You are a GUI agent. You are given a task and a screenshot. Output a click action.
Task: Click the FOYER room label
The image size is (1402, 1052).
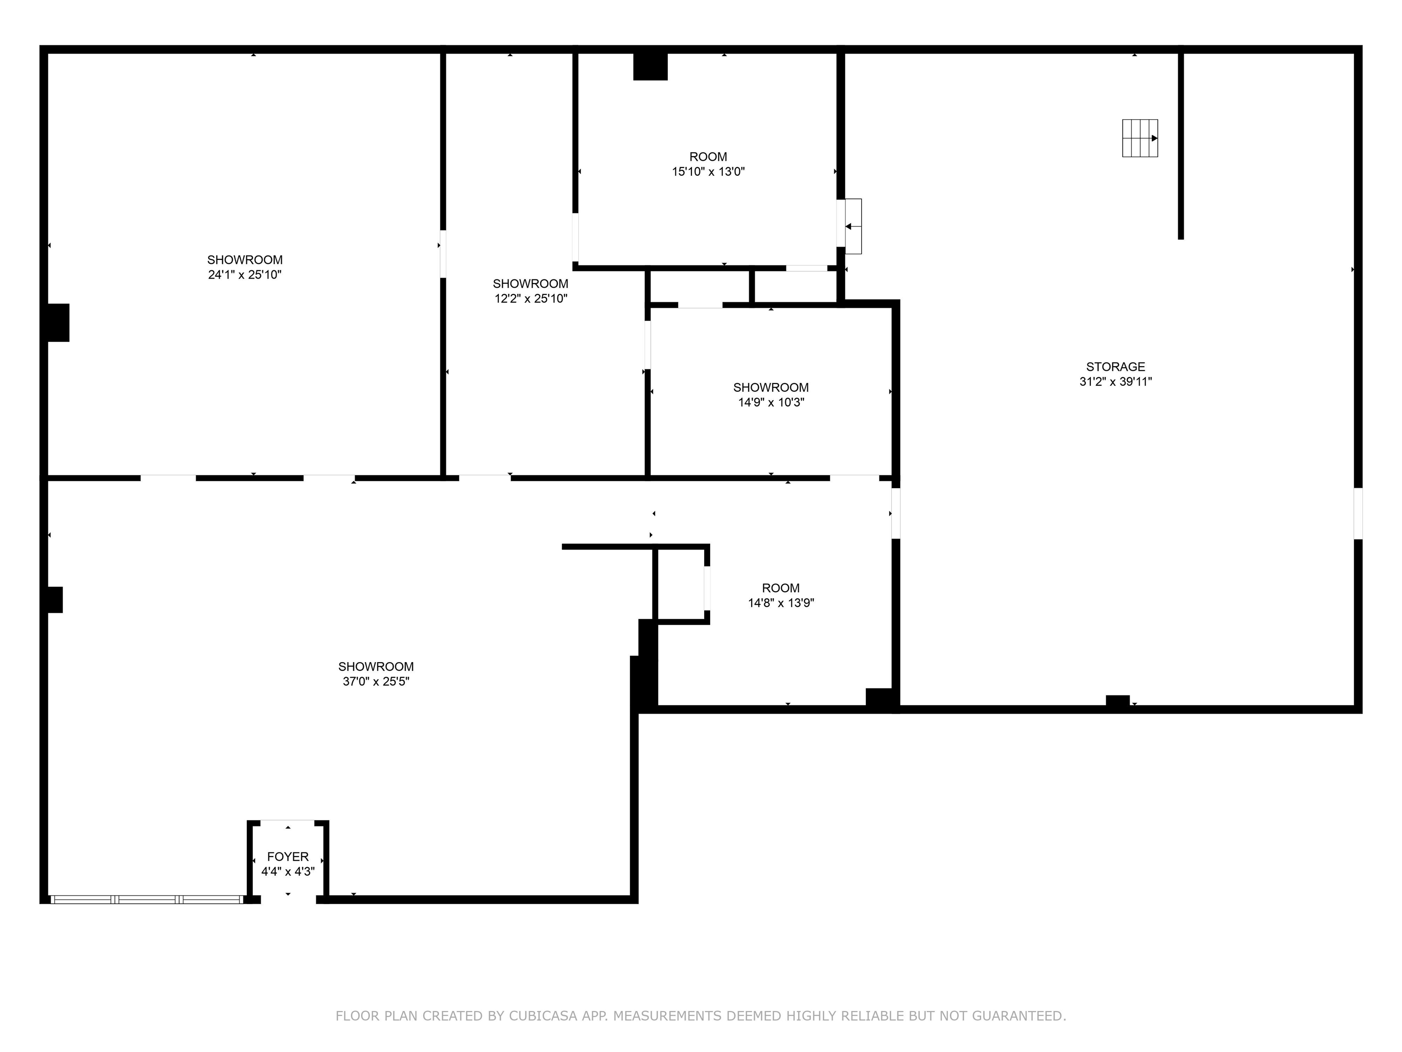click(288, 856)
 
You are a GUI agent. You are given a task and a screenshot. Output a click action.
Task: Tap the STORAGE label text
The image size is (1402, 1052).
click(1115, 367)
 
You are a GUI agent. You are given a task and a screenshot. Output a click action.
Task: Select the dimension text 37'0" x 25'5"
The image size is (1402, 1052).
click(376, 681)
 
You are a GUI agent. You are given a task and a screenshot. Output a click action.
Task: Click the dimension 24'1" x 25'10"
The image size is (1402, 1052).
click(245, 274)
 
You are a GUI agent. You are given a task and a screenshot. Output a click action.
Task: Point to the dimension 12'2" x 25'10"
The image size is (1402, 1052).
click(530, 298)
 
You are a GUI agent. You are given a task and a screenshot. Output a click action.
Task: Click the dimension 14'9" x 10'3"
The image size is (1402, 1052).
click(771, 402)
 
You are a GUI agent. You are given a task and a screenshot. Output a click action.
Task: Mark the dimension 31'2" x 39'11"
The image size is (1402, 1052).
click(1115, 382)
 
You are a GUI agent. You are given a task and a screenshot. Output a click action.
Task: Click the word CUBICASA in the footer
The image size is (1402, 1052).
click(543, 1016)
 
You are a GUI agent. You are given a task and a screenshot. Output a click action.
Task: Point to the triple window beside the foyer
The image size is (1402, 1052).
click(146, 899)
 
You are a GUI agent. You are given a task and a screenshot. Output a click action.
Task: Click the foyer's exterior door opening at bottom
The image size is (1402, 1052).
click(288, 899)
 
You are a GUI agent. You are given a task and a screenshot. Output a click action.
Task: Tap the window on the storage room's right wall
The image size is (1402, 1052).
click(1358, 513)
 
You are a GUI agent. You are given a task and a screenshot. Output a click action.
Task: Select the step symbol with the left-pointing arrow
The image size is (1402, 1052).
click(853, 226)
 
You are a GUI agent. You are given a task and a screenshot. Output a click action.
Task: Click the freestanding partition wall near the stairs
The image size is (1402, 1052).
click(1180, 146)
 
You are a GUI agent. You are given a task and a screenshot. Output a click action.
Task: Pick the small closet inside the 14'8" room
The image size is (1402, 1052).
click(680, 584)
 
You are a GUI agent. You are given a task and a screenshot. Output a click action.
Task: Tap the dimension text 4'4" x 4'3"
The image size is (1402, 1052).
click(288, 871)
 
